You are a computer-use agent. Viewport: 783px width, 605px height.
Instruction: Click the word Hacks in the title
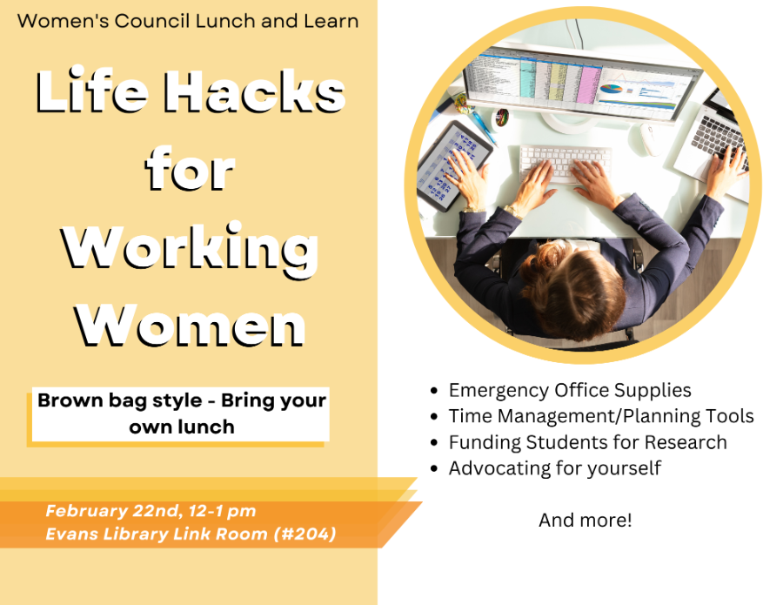click(255, 91)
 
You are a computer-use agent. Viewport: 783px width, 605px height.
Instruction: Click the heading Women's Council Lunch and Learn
click(188, 21)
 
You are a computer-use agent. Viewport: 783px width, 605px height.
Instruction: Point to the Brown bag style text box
click(181, 414)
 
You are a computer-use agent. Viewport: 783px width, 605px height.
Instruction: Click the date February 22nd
click(113, 511)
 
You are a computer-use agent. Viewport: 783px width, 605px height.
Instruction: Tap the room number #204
click(304, 534)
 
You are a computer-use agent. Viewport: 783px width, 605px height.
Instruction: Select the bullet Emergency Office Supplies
click(570, 390)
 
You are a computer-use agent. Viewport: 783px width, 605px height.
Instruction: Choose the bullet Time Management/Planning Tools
click(601, 416)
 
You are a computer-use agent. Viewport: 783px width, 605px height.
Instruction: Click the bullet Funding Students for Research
click(588, 442)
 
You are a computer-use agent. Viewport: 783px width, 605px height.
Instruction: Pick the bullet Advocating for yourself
click(555, 468)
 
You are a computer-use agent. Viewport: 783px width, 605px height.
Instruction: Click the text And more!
click(586, 520)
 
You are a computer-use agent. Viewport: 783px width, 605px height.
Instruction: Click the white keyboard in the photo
click(565, 163)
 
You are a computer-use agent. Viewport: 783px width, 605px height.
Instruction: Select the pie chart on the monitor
click(611, 89)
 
